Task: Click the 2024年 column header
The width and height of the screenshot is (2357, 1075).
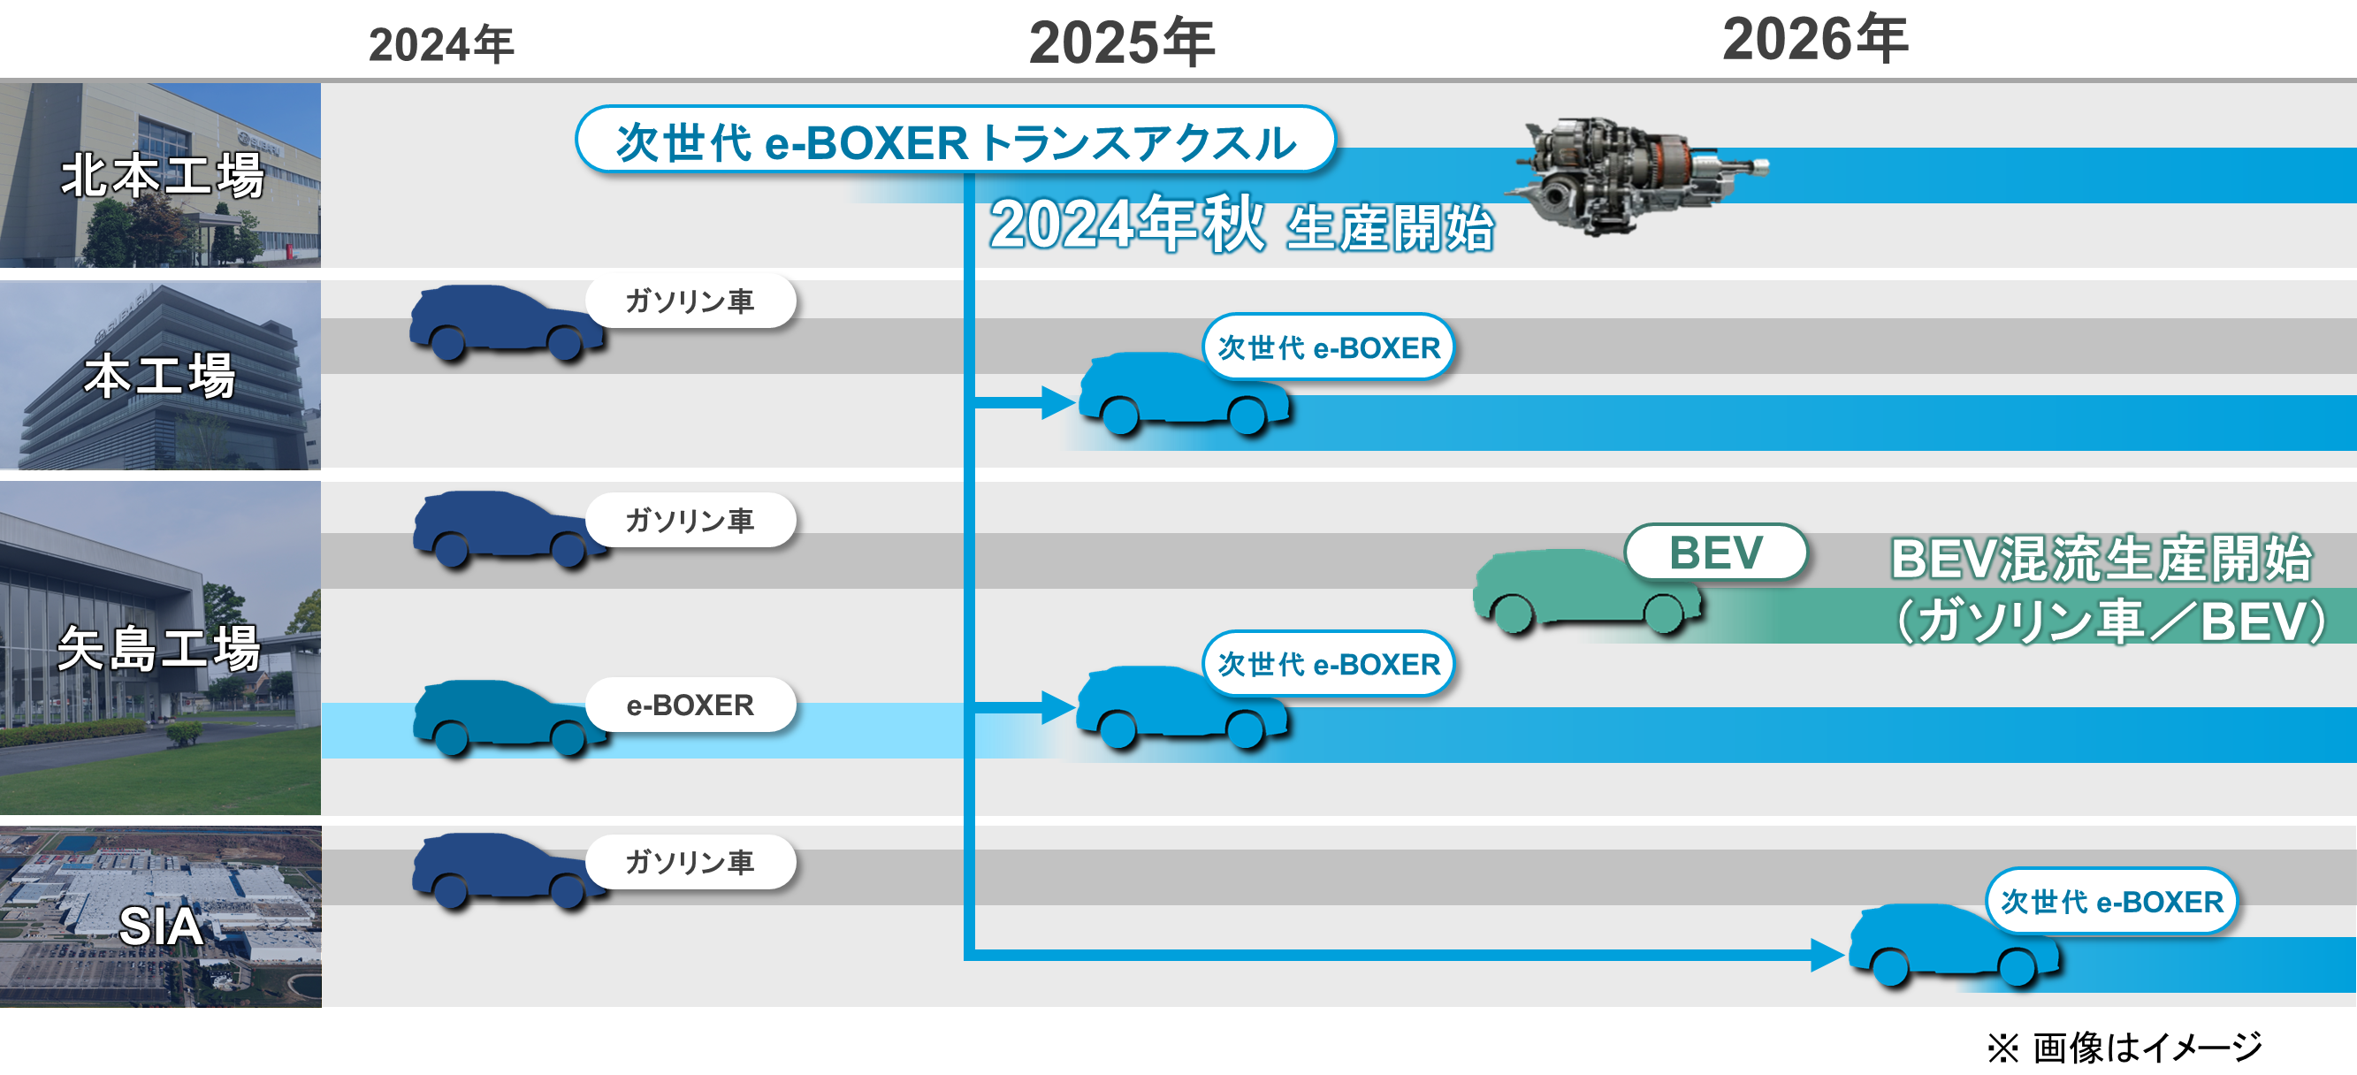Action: (441, 45)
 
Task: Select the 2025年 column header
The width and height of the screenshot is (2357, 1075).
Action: (1122, 42)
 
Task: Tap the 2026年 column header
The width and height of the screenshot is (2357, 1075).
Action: (1815, 38)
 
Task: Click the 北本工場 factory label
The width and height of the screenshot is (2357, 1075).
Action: (163, 175)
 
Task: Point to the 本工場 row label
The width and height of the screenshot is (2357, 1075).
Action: (160, 375)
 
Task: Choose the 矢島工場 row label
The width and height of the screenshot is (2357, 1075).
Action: (159, 648)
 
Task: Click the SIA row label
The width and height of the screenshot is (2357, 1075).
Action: (161, 926)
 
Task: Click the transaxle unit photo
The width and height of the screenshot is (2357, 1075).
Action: (1638, 174)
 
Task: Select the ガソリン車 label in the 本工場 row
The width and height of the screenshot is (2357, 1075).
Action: (690, 301)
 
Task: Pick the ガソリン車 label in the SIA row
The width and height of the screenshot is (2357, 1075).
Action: (690, 862)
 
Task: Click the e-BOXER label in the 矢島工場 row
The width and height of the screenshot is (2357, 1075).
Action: (690, 705)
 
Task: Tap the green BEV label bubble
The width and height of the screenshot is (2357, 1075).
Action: (1716, 552)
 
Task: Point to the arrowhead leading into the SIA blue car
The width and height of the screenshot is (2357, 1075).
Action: (1827, 955)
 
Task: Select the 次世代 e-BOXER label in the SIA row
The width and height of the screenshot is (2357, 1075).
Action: (2112, 901)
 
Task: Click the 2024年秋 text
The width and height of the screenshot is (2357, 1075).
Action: (1127, 224)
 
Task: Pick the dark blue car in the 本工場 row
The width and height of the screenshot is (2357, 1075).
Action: (506, 322)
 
